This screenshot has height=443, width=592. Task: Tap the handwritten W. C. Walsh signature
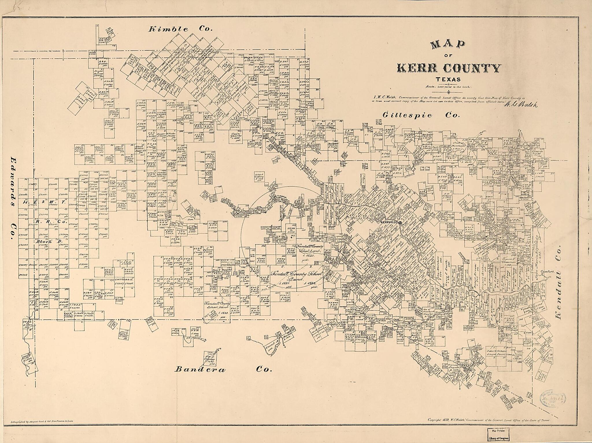[x=520, y=105]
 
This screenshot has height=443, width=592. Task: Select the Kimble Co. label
[x=181, y=29]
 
